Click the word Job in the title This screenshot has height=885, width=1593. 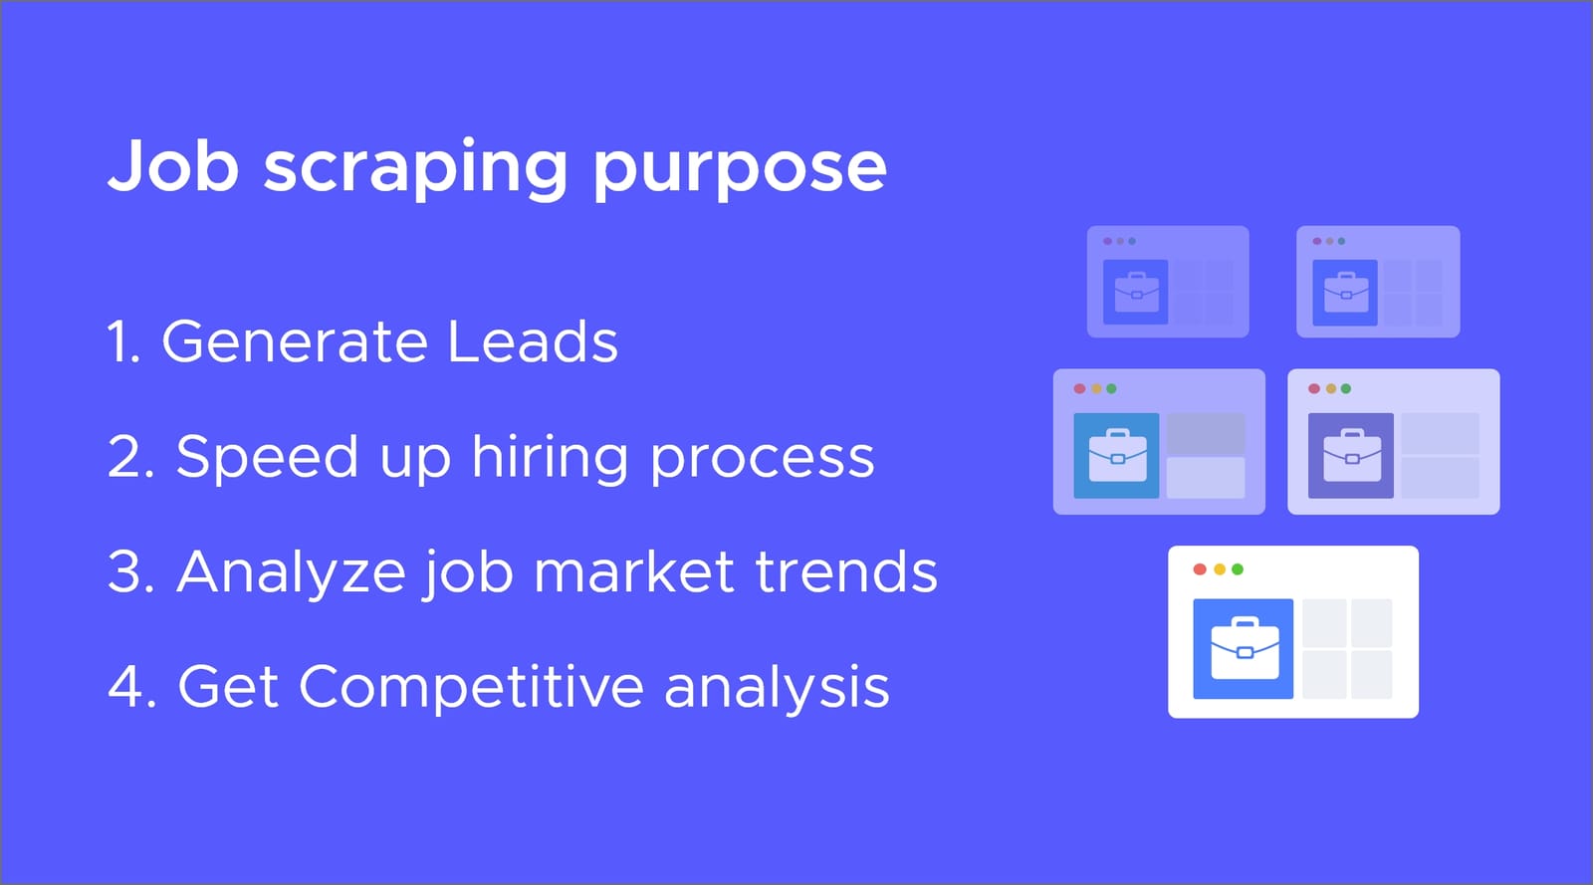[x=173, y=165]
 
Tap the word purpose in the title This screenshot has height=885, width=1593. [x=740, y=169]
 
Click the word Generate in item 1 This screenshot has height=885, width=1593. [x=295, y=341]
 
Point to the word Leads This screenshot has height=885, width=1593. [x=533, y=341]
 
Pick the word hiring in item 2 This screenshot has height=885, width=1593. [x=550, y=458]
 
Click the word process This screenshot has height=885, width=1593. [x=762, y=460]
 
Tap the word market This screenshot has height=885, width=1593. [x=634, y=572]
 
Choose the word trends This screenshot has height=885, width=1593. [x=846, y=572]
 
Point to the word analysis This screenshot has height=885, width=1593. [x=777, y=688]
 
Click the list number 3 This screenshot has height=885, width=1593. [x=126, y=572]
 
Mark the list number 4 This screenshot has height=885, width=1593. [x=127, y=687]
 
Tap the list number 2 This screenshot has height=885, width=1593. [x=126, y=458]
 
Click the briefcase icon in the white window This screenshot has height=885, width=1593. [x=1244, y=648]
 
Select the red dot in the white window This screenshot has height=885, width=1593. [x=1200, y=569]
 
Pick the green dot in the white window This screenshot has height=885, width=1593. [x=1238, y=569]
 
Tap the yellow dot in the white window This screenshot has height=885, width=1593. [x=1219, y=569]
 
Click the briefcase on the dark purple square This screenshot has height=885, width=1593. [x=1351, y=455]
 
